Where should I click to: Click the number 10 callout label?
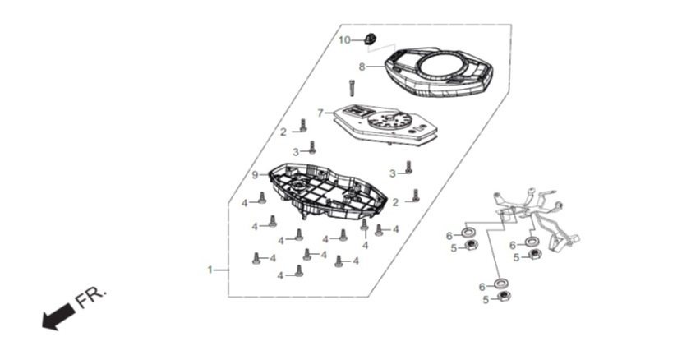point(344,40)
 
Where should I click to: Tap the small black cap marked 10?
point(370,39)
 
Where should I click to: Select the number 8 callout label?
point(362,67)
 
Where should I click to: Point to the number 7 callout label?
point(320,113)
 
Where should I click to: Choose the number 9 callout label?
point(255,175)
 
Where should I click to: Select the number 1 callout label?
point(210,270)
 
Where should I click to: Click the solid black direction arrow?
point(58,317)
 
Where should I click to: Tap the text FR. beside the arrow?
point(90,298)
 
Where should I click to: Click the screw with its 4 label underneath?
point(365,225)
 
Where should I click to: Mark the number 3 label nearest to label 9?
point(296,152)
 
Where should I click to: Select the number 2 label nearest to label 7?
point(283,132)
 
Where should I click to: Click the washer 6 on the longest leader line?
point(501,284)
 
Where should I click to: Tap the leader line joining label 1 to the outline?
point(221,270)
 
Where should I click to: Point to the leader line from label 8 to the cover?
point(375,67)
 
